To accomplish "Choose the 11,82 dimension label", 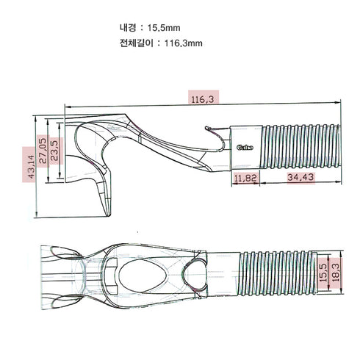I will click(245, 178).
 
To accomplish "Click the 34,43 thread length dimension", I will click(300, 178).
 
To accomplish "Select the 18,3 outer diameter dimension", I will click(336, 270).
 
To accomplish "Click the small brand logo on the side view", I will click(244, 146).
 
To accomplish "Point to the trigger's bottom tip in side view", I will click(107, 214).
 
